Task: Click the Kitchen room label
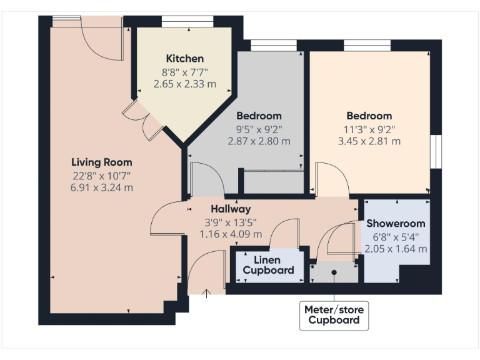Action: coord(184,59)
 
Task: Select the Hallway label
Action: coord(231,209)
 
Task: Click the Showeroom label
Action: coord(396,223)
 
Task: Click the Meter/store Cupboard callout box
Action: coord(334,314)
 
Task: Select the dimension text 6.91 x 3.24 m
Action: coord(102,187)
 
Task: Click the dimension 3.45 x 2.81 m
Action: coord(369,141)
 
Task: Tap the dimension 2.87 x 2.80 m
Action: coord(259,141)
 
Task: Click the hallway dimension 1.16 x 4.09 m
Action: coord(231,234)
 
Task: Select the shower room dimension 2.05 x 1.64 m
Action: coord(396,248)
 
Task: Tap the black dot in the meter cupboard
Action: coord(334,272)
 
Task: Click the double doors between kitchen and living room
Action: coord(142,120)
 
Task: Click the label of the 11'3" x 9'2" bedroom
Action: coord(369,116)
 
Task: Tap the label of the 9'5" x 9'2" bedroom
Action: coord(259,116)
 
